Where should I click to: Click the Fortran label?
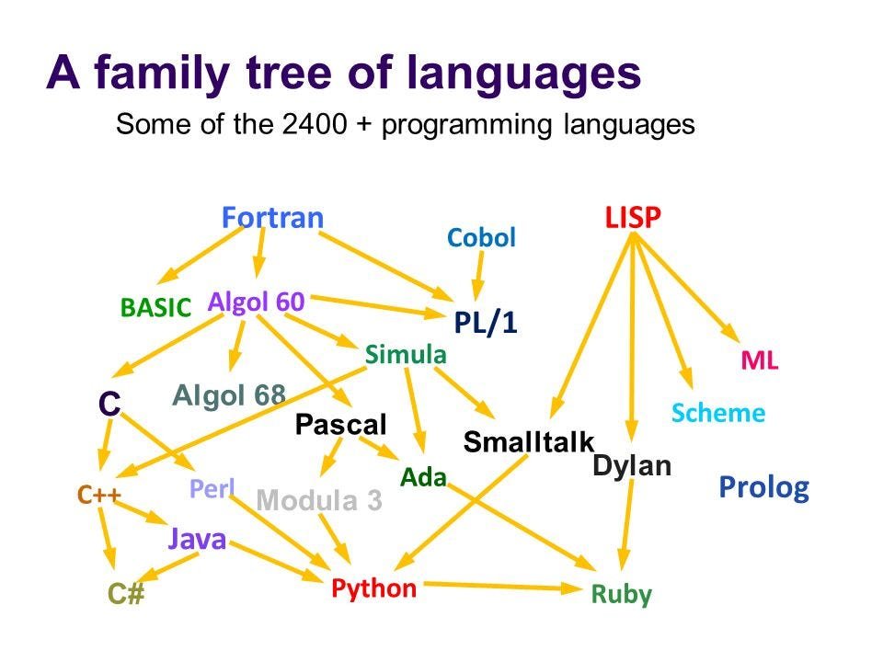click(272, 219)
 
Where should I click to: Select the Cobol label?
click(481, 238)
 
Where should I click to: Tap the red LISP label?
click(633, 218)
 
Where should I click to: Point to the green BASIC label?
click(155, 308)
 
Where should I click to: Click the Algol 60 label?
click(256, 301)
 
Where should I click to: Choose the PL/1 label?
click(486, 324)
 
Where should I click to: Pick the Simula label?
click(406, 355)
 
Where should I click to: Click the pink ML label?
click(760, 361)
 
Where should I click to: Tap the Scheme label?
click(717, 413)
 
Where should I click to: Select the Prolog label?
click(763, 486)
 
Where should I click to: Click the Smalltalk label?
click(529, 442)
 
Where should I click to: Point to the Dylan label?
click(632, 466)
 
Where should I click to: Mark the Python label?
click(373, 588)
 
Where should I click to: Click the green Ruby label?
click(621, 595)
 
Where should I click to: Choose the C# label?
click(127, 594)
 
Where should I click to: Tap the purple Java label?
click(197, 539)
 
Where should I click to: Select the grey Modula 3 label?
click(318, 501)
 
